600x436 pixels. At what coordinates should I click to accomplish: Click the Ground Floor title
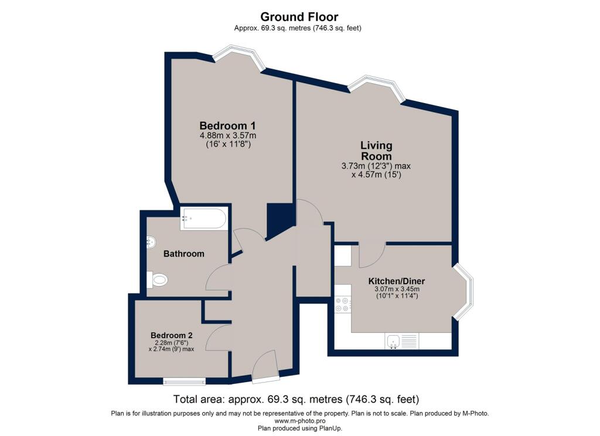click(x=299, y=17)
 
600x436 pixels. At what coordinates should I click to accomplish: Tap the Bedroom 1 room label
click(x=228, y=125)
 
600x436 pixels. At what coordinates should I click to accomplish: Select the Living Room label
click(x=377, y=151)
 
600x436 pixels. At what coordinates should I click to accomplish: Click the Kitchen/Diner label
click(x=397, y=281)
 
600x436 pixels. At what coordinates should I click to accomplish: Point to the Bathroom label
click(x=183, y=254)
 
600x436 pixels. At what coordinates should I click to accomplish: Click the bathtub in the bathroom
click(x=204, y=219)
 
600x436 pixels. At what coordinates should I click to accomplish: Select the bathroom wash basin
click(x=151, y=242)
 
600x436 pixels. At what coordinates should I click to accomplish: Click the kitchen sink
click(x=401, y=340)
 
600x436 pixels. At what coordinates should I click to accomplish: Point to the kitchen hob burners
click(x=342, y=304)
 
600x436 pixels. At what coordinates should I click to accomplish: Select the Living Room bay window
click(x=376, y=87)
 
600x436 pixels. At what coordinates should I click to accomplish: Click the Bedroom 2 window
click(x=184, y=381)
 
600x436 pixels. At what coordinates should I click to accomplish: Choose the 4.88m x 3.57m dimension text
click(x=228, y=135)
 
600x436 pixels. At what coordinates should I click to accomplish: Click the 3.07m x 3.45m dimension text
click(x=397, y=289)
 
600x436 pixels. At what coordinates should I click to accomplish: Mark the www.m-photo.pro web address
click(x=300, y=421)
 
